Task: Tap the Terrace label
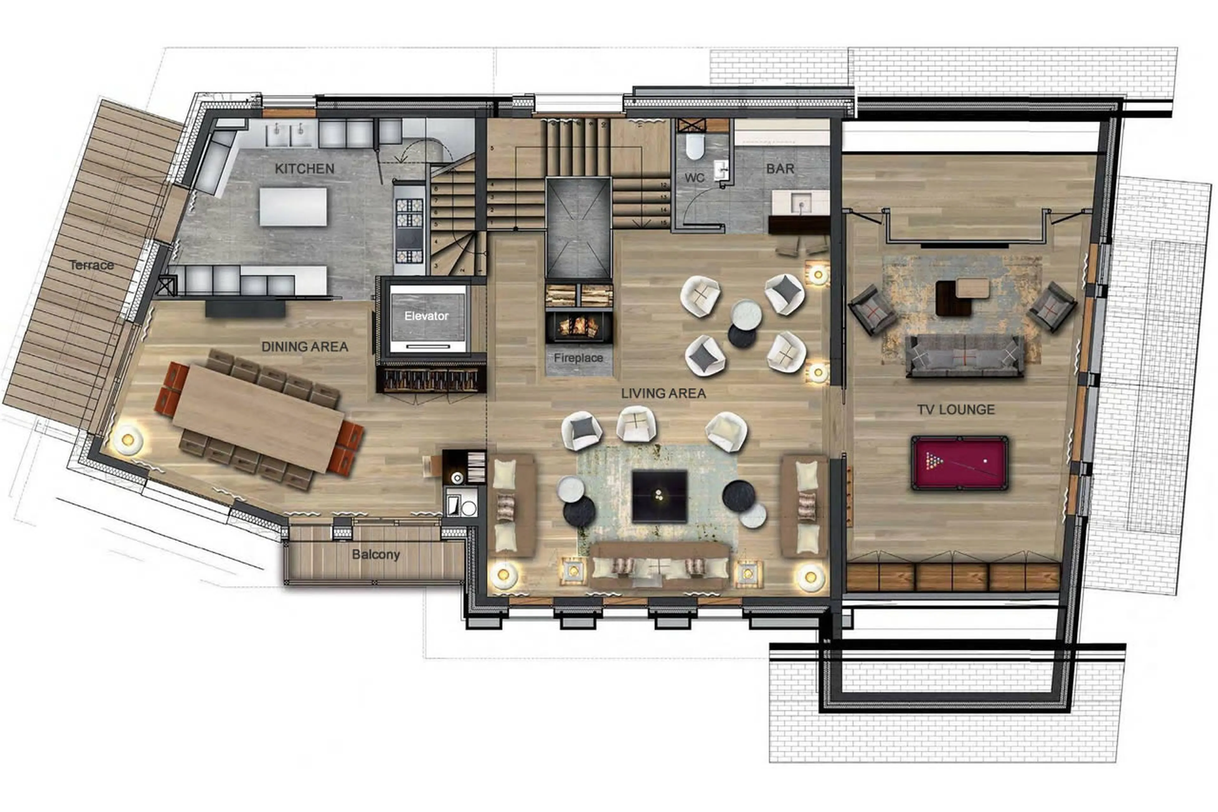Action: [92, 265]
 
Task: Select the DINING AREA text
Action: [304, 347]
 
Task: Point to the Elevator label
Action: [426, 316]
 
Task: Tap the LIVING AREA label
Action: [663, 393]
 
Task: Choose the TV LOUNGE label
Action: [956, 410]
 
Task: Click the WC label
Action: [694, 178]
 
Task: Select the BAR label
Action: [780, 169]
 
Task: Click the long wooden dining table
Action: [258, 418]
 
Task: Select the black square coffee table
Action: [659, 496]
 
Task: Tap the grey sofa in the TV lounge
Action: [964, 356]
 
